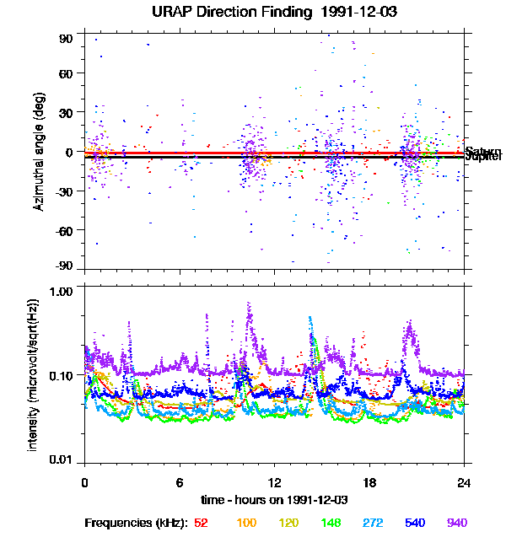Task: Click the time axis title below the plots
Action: (275, 499)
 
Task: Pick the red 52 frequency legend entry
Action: (201, 523)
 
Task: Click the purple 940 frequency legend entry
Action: (458, 523)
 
